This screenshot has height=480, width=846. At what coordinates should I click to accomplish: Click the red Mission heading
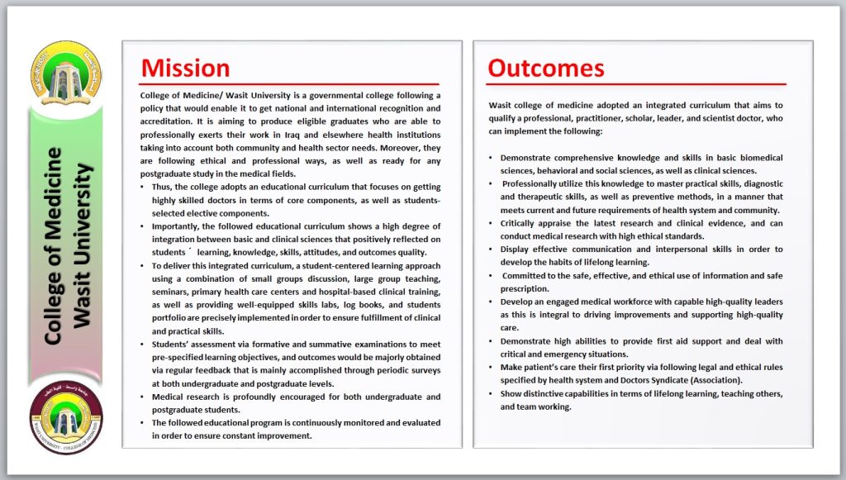[185, 68]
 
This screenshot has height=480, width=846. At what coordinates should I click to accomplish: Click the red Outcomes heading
[546, 68]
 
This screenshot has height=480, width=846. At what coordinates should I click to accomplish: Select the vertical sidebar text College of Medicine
[55, 245]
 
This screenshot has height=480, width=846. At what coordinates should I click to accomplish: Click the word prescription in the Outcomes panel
[525, 288]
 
